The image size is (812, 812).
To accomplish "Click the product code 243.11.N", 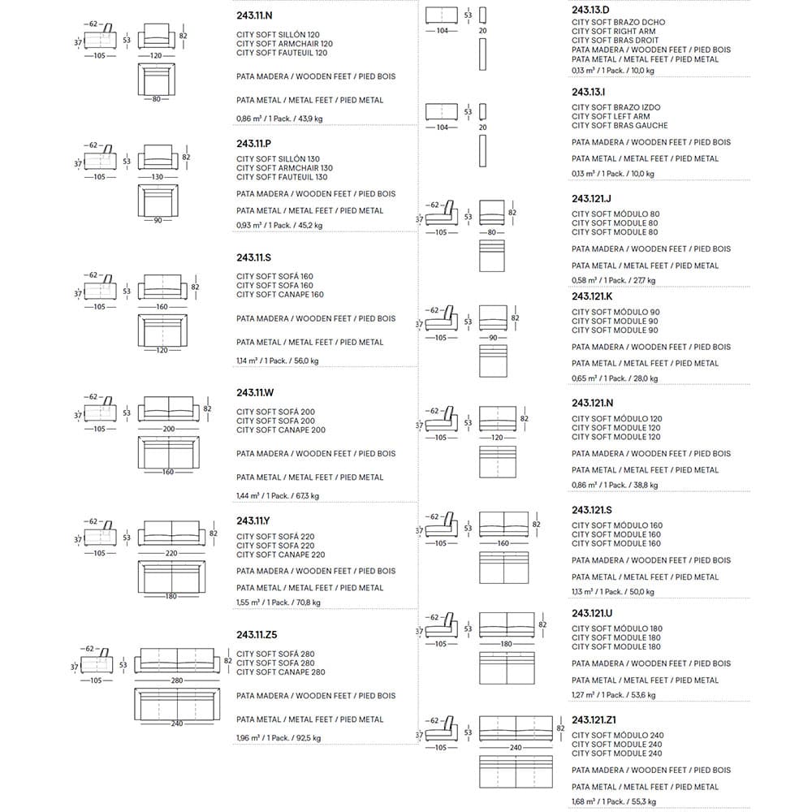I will (254, 15).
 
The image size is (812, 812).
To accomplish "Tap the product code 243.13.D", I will (591, 11).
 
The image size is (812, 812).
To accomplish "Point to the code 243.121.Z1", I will (595, 719).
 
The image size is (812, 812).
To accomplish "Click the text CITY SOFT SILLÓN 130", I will (278, 159).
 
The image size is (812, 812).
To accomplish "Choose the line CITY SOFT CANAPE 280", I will (280, 672).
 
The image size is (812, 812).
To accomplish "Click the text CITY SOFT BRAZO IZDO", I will (615, 107).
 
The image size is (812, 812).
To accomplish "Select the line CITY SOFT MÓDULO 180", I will (615, 628).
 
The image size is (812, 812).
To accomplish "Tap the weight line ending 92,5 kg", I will (278, 738).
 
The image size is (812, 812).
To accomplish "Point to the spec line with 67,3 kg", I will (277, 496).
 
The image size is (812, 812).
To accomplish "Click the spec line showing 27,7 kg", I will (613, 280).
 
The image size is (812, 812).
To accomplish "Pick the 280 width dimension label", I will (176, 680).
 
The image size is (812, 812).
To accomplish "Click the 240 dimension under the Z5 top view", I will (176, 723).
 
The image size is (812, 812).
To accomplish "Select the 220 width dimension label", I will (171, 553).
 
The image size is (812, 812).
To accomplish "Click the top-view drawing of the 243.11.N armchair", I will (157, 82).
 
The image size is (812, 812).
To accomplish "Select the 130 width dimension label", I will (157, 177).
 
